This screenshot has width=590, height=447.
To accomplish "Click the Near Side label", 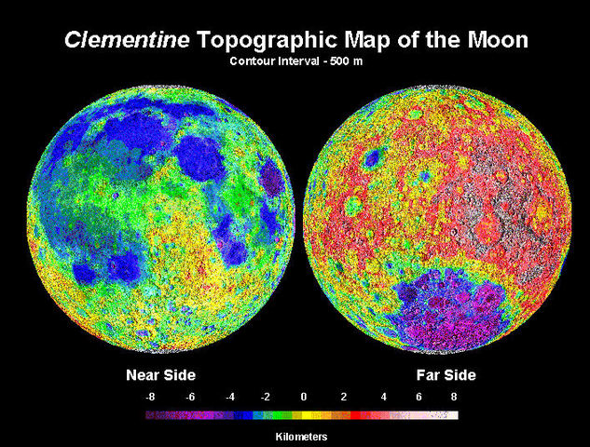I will click(x=160, y=376).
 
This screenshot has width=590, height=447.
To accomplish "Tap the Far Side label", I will click(x=446, y=376).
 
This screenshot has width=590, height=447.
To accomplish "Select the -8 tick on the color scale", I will click(x=150, y=398).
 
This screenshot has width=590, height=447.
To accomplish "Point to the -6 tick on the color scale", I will click(x=190, y=398).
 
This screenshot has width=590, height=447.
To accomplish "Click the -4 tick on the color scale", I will click(x=229, y=398).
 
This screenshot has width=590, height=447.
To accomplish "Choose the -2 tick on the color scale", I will click(x=267, y=398).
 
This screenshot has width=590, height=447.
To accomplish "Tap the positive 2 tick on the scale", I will click(x=343, y=398).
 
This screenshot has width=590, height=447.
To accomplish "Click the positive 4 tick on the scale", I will click(x=382, y=398).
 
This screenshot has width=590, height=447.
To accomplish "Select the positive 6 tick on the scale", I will click(x=418, y=398).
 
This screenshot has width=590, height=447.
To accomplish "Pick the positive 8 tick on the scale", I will click(x=454, y=398).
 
